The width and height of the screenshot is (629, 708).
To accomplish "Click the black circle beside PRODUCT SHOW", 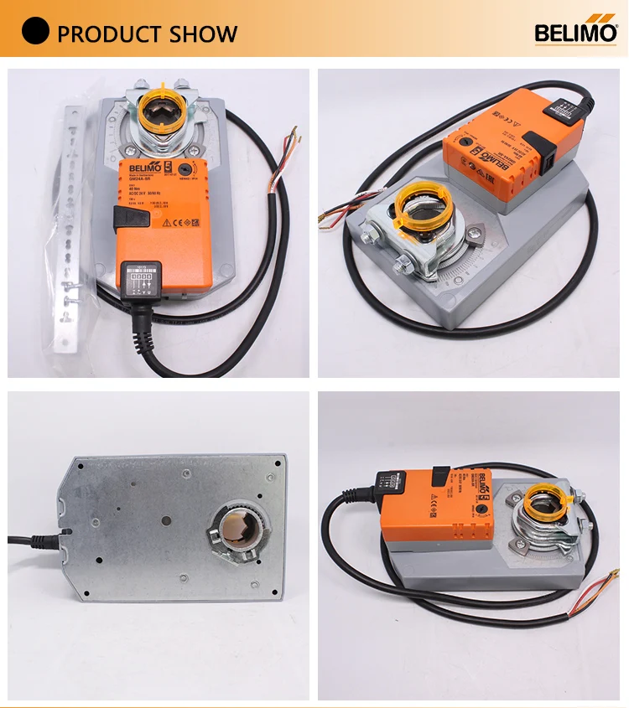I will (x=35, y=33).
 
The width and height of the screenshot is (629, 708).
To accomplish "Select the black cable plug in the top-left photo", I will (x=136, y=281).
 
